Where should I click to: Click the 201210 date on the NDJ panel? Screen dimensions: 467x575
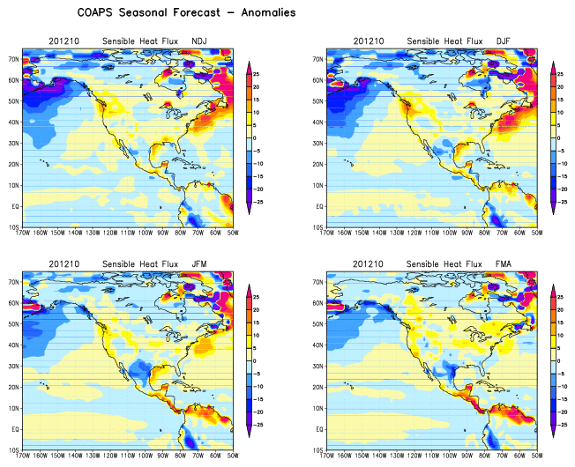66,41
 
